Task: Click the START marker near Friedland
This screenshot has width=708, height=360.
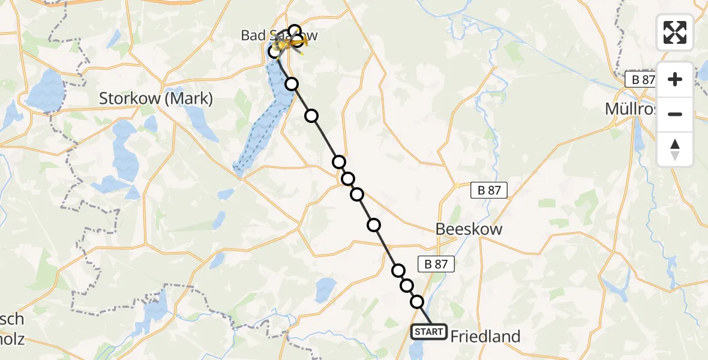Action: click(x=428, y=332)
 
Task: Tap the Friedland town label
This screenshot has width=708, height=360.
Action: click(x=485, y=336)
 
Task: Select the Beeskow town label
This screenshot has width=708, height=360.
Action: click(x=469, y=229)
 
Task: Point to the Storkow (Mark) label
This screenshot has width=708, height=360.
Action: click(x=155, y=98)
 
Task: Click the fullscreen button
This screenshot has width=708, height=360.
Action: click(x=675, y=32)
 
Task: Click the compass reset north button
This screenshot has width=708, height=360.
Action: click(x=675, y=149)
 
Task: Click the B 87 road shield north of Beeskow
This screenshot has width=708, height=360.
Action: click(x=488, y=190)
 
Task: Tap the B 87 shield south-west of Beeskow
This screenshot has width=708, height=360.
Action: click(x=436, y=264)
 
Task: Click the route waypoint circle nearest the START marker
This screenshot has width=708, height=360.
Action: click(x=417, y=302)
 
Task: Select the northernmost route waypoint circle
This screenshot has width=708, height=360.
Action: click(x=294, y=31)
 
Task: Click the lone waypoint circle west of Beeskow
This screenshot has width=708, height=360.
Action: click(x=374, y=225)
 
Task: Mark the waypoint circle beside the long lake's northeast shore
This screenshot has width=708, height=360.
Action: click(x=292, y=83)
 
